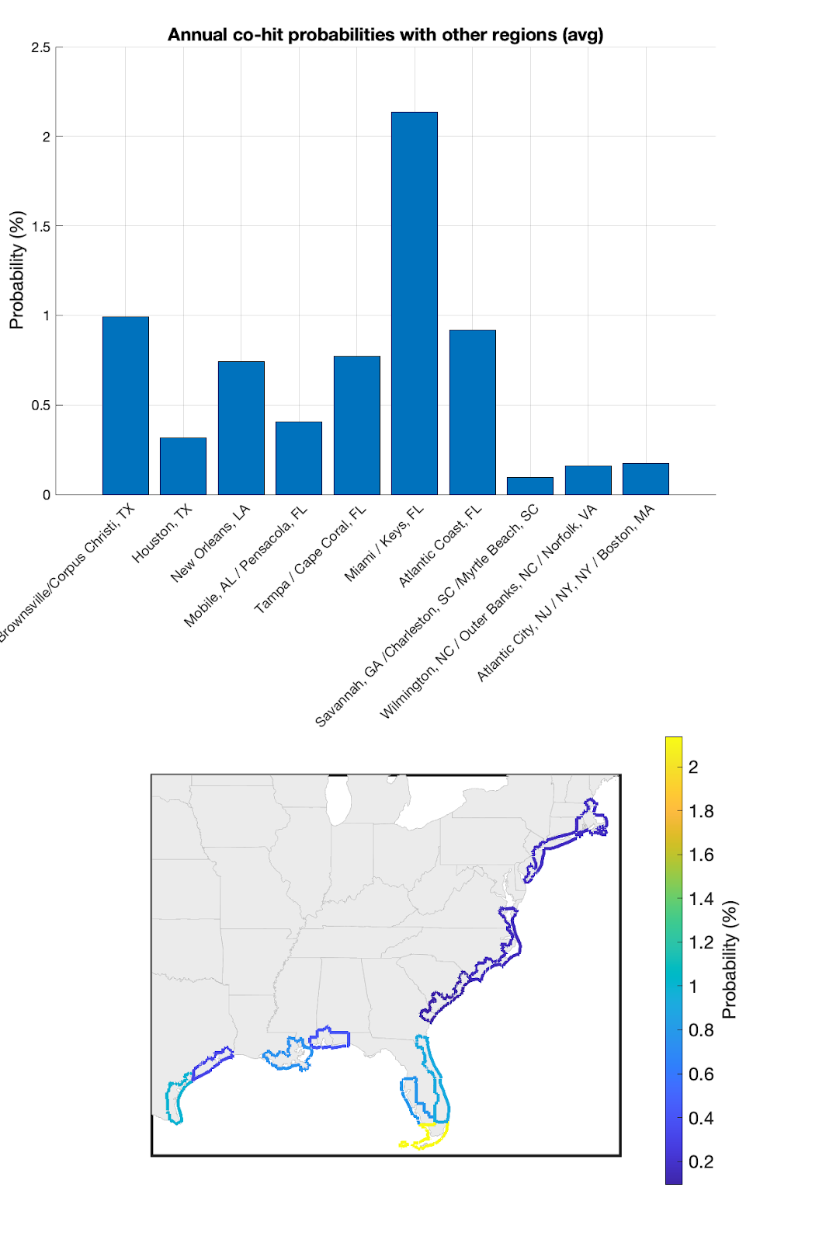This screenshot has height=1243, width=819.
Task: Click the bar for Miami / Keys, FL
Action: pyautogui.click(x=414, y=303)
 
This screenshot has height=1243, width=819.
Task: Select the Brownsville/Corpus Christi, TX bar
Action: pyautogui.click(x=125, y=405)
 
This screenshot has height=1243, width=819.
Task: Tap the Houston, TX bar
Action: pyautogui.click(x=183, y=465)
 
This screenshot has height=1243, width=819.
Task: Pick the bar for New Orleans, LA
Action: pyautogui.click(x=241, y=427)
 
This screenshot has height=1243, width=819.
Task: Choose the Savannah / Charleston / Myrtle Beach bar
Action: pyautogui.click(x=529, y=486)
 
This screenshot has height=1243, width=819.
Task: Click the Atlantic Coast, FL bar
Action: pyautogui.click(x=472, y=412)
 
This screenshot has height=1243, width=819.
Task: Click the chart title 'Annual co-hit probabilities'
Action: pyautogui.click(x=385, y=35)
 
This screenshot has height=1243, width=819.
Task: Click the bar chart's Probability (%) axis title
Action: pyautogui.click(x=16, y=270)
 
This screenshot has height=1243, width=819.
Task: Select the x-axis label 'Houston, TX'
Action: pyautogui.click(x=161, y=534)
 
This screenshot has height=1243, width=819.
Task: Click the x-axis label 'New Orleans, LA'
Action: pyautogui.click(x=210, y=544)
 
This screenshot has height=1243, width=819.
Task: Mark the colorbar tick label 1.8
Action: pyautogui.click(x=701, y=811)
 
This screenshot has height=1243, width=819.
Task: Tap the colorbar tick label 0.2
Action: pyautogui.click(x=701, y=1162)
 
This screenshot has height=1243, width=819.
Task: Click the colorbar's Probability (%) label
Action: pyautogui.click(x=729, y=960)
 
